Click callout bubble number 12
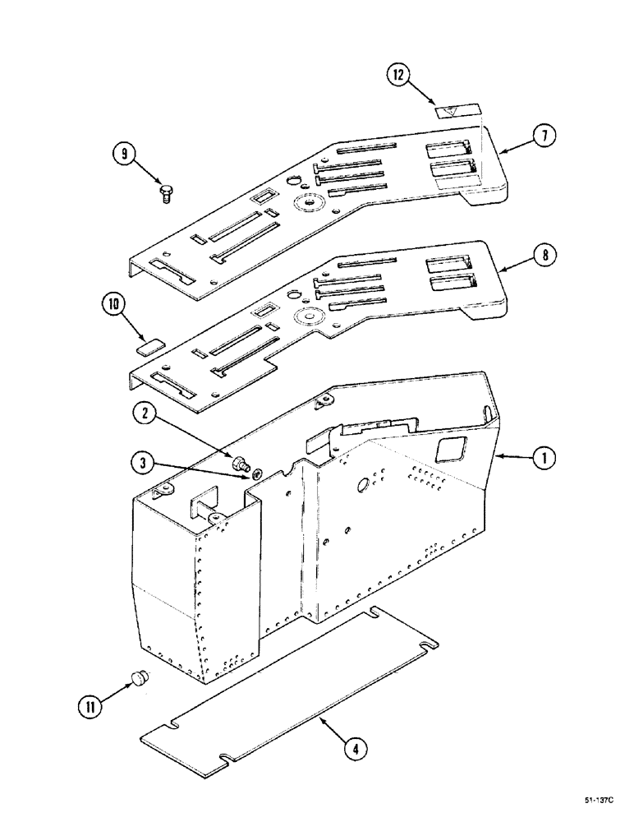[x=398, y=76]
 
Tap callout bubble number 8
[x=542, y=256]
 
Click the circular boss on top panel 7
[x=310, y=201]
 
